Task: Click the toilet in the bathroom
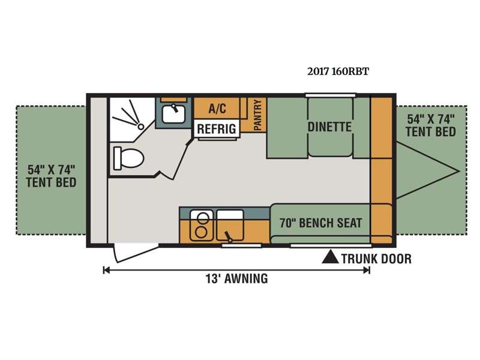pyautogui.click(x=128, y=158)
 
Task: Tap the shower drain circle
pyautogui.click(x=141, y=126)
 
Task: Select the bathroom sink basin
pyautogui.click(x=173, y=113)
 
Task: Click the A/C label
pyautogui.click(x=217, y=109)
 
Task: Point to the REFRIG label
pyautogui.click(x=217, y=129)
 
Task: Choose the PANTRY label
pyautogui.click(x=258, y=115)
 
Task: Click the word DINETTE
pyautogui.click(x=329, y=127)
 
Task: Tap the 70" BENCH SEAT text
pyautogui.click(x=321, y=223)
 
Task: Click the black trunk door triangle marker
pyautogui.click(x=331, y=257)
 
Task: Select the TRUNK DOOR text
pyautogui.click(x=377, y=259)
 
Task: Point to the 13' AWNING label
pyautogui.click(x=236, y=278)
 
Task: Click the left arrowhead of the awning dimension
pyautogui.click(x=106, y=270)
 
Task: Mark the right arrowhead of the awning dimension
pyautogui.click(x=367, y=270)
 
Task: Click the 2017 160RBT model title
pyautogui.click(x=338, y=71)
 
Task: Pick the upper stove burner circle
pyautogui.click(x=202, y=218)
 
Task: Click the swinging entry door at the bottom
pyautogui.click(x=136, y=252)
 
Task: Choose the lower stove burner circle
pyautogui.click(x=201, y=232)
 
